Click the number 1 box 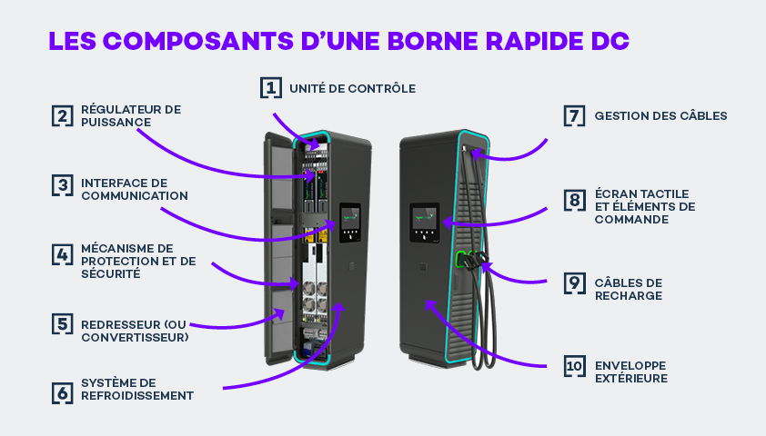pyautogui.click(x=270, y=87)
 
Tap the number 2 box pyautogui.click(x=62, y=115)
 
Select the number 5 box pyautogui.click(x=62, y=323)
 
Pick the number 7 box pyautogui.click(x=573, y=115)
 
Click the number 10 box pyautogui.click(x=573, y=365)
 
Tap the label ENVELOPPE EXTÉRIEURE pyautogui.click(x=631, y=372)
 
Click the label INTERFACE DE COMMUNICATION pyautogui.click(x=134, y=189)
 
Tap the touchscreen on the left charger pyautogui.click(x=348, y=218)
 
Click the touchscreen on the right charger pyautogui.click(x=423, y=218)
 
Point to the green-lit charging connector pyautogui.click(x=461, y=259)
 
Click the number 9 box pyautogui.click(x=573, y=282)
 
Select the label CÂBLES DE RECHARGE pyautogui.click(x=628, y=289)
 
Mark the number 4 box pyautogui.click(x=62, y=254)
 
